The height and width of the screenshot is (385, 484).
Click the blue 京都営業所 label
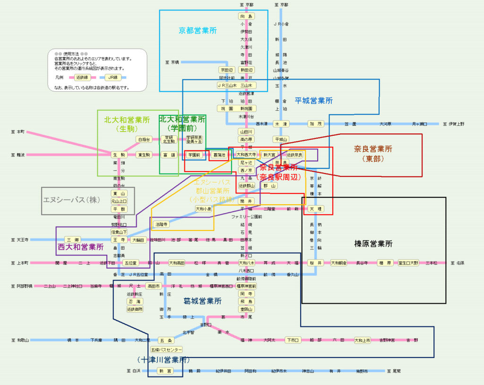tap(198, 31)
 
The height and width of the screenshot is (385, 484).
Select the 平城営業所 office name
tap(314, 101)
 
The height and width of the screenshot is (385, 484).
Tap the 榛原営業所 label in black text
tap(373, 244)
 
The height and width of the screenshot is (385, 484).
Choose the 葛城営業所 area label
tap(202, 301)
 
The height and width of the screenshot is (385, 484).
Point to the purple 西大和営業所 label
tap(81, 247)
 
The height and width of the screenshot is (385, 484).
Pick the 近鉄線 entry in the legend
tap(82, 77)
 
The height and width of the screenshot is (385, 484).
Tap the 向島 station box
tap(246, 16)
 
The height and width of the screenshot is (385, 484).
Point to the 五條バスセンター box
tap(166, 350)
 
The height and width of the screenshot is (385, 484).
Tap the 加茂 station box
tap(316, 124)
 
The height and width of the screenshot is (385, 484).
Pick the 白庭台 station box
tap(143, 140)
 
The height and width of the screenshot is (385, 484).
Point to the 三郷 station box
tap(69, 240)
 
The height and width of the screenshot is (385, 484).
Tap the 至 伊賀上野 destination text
tap(453, 124)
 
